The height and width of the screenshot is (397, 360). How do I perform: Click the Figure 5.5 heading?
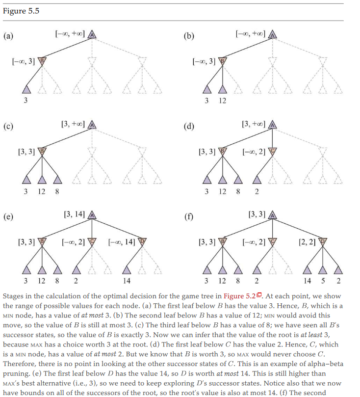point(21,11)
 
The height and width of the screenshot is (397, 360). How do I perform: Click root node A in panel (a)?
point(92,34)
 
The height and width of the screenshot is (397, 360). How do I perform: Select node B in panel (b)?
point(222,61)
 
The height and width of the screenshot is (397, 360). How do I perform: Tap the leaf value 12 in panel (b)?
point(222,101)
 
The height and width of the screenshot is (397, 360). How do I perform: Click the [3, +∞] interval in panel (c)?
point(73,124)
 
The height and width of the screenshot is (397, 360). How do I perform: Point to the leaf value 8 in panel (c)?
point(57,191)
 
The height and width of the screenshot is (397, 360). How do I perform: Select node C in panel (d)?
point(273,152)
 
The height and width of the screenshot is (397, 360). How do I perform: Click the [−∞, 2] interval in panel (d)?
point(254,152)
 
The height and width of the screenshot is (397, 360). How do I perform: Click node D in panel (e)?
point(142,242)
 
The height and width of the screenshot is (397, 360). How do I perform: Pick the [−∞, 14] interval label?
point(122,242)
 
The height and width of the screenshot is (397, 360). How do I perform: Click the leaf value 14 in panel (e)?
point(127,281)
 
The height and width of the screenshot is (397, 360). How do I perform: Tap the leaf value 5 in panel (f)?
point(323,281)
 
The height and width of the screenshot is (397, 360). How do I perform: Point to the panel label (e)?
point(8,217)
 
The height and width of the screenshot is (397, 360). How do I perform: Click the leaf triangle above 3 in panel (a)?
point(26,90)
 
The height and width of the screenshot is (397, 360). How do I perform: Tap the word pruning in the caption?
point(15,374)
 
